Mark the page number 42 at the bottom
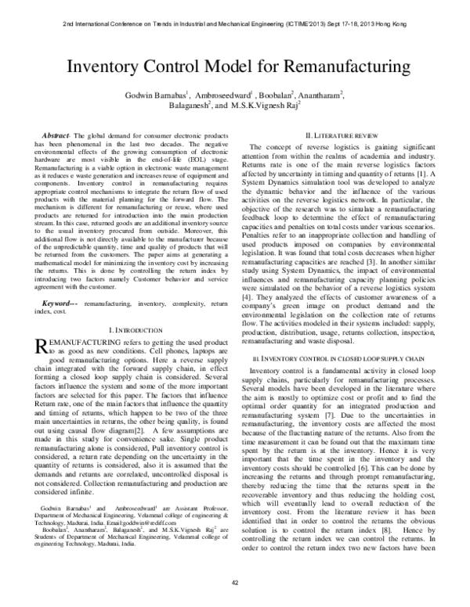pos(235,582)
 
